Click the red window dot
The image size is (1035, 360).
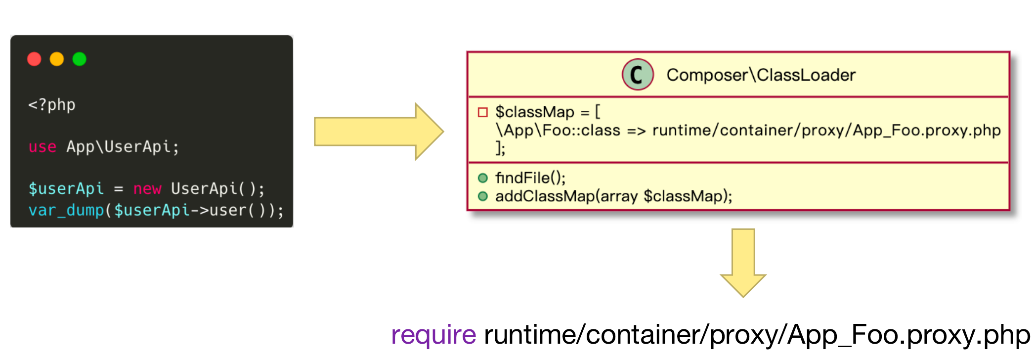tap(34, 59)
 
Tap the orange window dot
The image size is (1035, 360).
tap(57, 59)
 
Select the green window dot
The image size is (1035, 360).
tap(80, 59)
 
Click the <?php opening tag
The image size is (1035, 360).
tap(52, 105)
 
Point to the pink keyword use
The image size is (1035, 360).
tap(43, 147)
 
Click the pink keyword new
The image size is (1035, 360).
tap(147, 188)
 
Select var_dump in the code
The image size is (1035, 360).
tap(66, 210)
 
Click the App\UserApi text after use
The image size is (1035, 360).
tap(118, 147)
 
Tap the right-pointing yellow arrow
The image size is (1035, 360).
tap(379, 132)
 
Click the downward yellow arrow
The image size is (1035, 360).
tap(743, 263)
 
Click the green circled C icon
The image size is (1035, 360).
tap(638, 75)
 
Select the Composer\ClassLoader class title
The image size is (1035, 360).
tap(761, 75)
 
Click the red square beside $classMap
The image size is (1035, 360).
tap(483, 112)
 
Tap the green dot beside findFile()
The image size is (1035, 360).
tap(483, 178)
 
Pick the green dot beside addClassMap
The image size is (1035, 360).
tap(483, 196)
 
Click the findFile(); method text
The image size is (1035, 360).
tap(530, 178)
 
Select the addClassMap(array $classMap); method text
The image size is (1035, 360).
tap(614, 196)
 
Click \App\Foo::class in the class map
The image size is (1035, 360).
tap(558, 131)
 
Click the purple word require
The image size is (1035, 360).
tap(433, 335)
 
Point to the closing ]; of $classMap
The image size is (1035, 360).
tap(500, 148)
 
